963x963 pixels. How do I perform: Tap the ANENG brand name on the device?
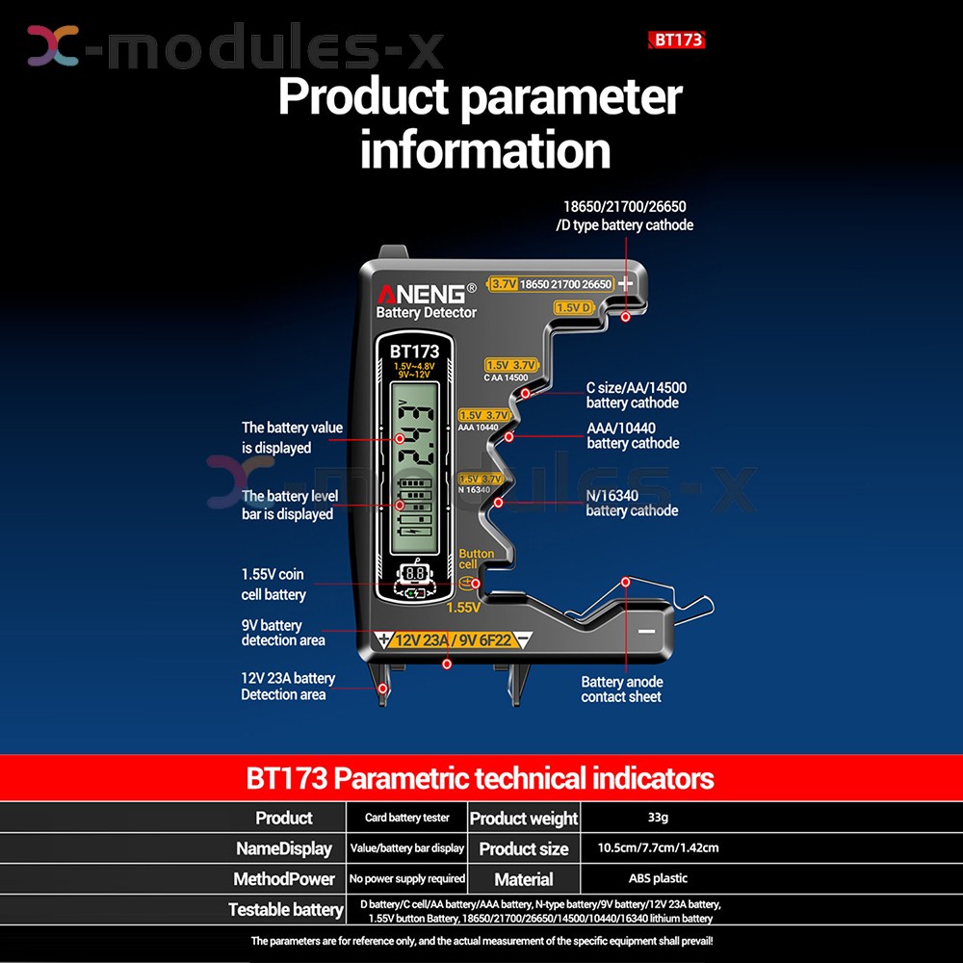(x=422, y=293)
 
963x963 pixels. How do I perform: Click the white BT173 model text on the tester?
(x=415, y=352)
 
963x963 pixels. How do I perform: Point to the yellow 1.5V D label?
(x=573, y=307)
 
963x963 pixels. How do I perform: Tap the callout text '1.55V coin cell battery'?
(x=273, y=585)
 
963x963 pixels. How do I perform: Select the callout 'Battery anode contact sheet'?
(x=621, y=689)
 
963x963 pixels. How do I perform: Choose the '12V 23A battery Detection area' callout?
(x=287, y=686)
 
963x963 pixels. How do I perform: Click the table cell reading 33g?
(x=658, y=818)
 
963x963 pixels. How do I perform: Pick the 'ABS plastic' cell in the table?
(x=658, y=878)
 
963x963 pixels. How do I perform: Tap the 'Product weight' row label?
(x=524, y=819)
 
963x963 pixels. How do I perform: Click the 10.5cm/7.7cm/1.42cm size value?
(x=658, y=848)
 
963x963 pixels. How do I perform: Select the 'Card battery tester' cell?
(x=406, y=818)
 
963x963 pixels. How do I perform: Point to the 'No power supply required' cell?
(x=406, y=878)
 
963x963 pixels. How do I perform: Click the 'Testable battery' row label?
(x=285, y=909)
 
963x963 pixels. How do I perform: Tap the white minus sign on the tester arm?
(x=645, y=633)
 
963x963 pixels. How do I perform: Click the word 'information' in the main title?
(x=485, y=150)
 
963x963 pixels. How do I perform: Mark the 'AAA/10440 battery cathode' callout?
(x=633, y=435)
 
